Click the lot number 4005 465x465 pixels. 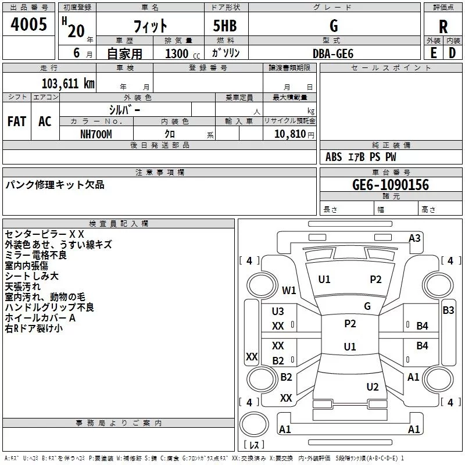(x=28, y=24)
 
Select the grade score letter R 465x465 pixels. (x=443, y=27)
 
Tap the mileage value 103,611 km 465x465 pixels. (x=68, y=84)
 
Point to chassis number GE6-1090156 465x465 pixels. (x=391, y=184)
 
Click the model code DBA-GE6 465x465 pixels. (x=333, y=53)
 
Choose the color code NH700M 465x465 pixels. (x=96, y=134)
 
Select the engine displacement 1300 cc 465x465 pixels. (x=183, y=53)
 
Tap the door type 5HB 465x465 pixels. (x=225, y=26)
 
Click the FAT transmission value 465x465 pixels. (x=17, y=121)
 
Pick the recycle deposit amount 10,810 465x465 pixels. (x=290, y=134)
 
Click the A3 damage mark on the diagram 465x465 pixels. (x=414, y=238)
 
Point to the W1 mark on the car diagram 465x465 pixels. (x=289, y=290)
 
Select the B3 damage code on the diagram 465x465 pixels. (x=448, y=310)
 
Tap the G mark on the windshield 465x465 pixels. (x=367, y=306)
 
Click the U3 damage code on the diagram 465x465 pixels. (x=278, y=312)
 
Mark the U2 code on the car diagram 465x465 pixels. (x=373, y=387)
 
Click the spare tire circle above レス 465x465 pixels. (x=254, y=424)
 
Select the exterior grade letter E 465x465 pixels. (x=433, y=53)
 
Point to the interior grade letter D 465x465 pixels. (x=452, y=53)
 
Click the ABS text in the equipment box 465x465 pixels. (x=334, y=157)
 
